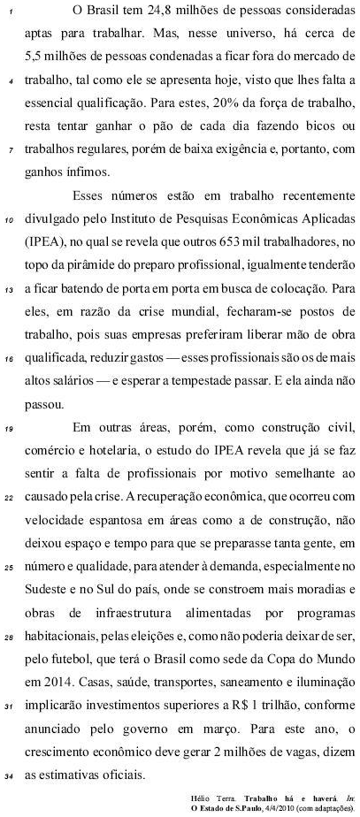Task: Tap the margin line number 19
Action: coord(7,431)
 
